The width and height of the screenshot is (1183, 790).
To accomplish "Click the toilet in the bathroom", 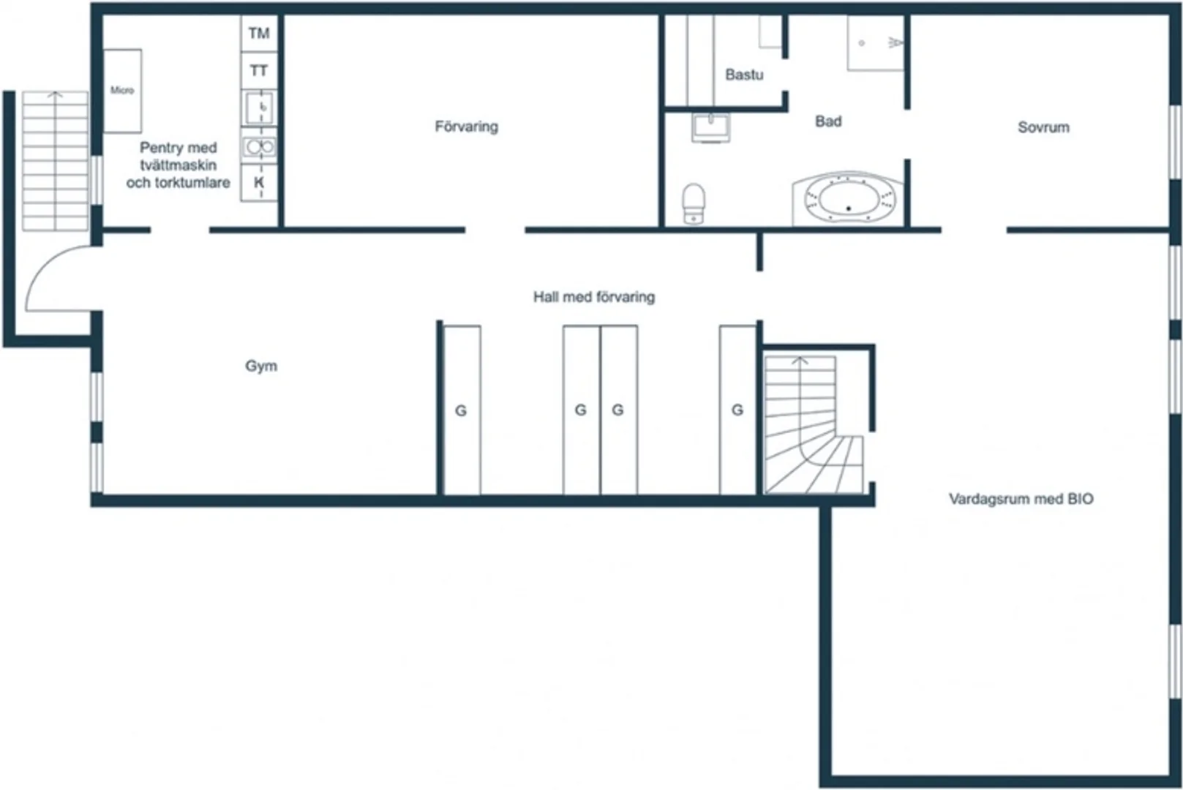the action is coord(694,203).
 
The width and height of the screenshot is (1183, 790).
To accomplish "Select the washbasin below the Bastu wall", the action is coord(711,128).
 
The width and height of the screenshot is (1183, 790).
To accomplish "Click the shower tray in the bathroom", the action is coord(876,42).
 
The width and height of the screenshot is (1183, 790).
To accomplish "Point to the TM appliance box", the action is coord(259,33).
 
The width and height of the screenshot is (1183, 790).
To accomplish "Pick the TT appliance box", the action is coord(259,70).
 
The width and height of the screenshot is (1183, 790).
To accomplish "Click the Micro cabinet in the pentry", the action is coord(122,91).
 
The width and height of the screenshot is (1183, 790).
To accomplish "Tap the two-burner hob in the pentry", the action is coord(259,147).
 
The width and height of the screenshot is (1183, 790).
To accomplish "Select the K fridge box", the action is coord(259,182).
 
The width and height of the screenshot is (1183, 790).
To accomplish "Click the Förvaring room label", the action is coord(466,127).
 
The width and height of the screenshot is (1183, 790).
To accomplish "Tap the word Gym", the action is coord(261,366).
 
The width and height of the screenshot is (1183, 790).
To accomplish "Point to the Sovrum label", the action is coord(1043,127).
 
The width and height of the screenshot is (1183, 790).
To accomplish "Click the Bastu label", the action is coord(744,75).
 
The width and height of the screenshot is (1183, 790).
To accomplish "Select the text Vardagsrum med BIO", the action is coord(1021,499).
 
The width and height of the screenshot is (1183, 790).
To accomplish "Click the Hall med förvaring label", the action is coord(594,297).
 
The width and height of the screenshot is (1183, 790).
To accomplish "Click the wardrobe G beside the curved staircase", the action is coord(737,410).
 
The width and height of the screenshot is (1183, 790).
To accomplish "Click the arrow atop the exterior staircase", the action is coord(55,95).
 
